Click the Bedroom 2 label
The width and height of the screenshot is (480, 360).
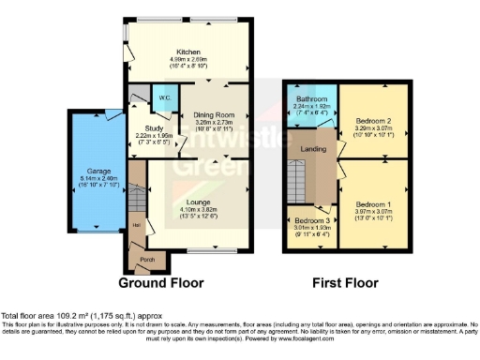coord(374,121)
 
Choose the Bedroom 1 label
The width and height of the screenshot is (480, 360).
coord(374,204)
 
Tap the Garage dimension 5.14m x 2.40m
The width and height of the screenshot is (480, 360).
coord(99,178)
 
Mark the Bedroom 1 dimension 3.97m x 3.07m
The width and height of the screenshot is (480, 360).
coord(374,211)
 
